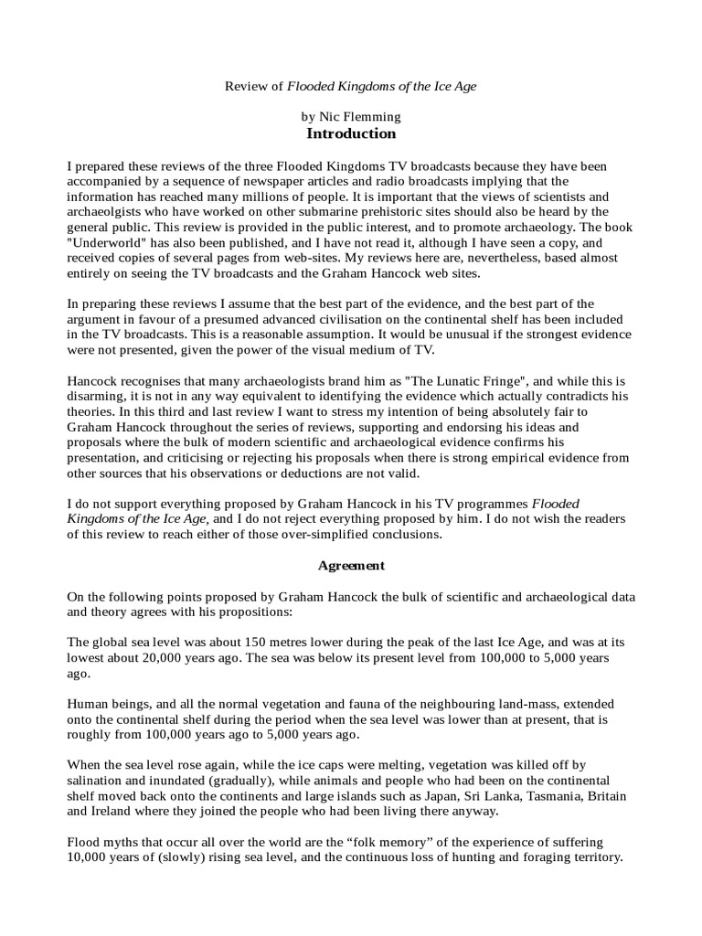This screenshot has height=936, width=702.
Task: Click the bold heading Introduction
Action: coord(351,133)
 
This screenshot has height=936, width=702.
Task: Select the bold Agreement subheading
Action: coord(351,566)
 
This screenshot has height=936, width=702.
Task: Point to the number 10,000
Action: coord(93,858)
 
